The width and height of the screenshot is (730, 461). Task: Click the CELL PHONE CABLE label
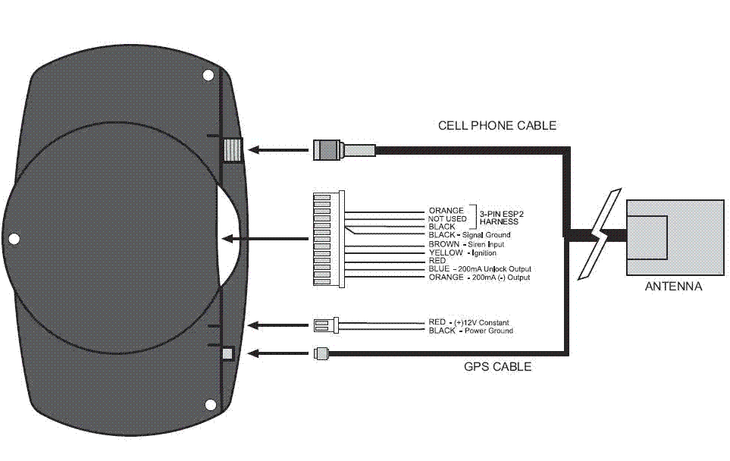tap(497, 125)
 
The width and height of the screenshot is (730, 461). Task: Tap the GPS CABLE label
tap(497, 367)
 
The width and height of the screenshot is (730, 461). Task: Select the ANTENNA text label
tap(673, 287)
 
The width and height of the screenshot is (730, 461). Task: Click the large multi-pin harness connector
tap(328, 239)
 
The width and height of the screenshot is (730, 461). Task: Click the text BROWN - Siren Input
tap(466, 244)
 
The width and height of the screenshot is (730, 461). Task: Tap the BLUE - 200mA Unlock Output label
tap(480, 269)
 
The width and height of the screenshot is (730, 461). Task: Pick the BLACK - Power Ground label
tap(471, 331)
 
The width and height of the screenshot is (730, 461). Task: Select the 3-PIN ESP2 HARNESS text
tap(500, 218)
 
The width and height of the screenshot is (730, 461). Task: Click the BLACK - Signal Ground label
tap(469, 235)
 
